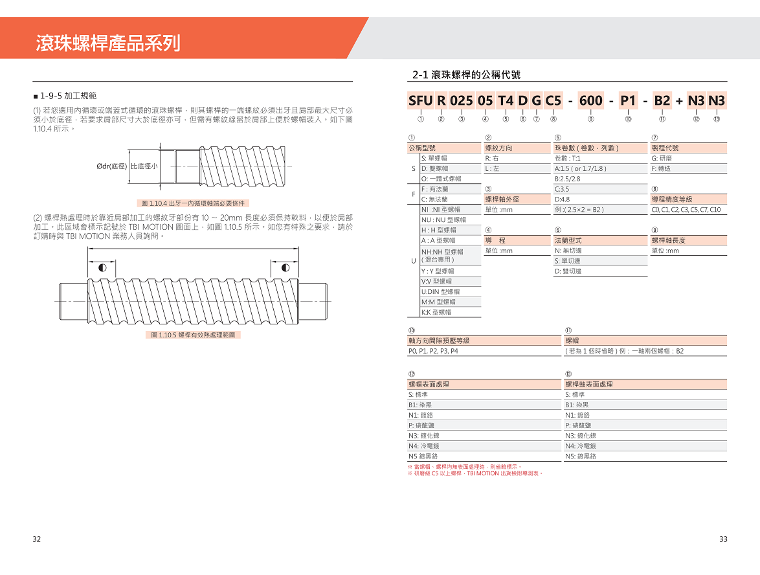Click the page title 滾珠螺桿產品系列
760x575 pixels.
point(108,43)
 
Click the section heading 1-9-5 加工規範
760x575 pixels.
point(68,95)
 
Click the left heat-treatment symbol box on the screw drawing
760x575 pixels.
point(102,267)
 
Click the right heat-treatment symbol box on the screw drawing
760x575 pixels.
point(285,267)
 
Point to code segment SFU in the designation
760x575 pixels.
point(420,100)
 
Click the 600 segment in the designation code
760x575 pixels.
point(590,100)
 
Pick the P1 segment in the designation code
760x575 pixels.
point(628,100)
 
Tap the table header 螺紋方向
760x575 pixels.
point(499,148)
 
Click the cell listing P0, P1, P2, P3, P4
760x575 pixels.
point(433,351)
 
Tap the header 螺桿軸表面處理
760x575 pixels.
point(589,384)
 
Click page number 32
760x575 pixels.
point(37,539)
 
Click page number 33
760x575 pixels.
point(723,539)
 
